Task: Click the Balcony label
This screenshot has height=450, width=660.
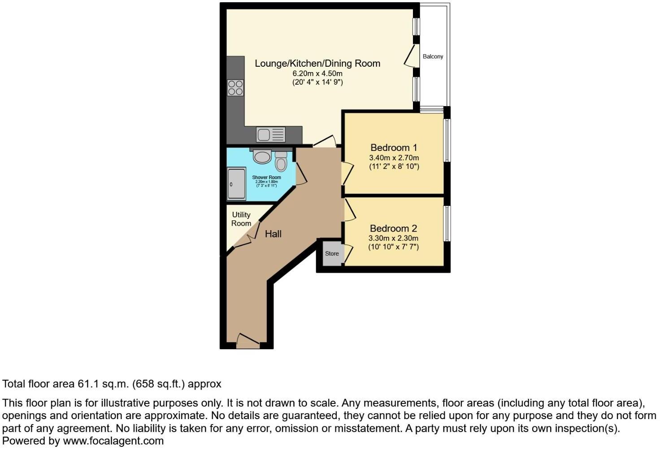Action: (x=433, y=56)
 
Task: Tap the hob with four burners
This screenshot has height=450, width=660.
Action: (x=235, y=87)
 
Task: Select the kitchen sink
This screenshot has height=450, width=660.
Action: (x=270, y=134)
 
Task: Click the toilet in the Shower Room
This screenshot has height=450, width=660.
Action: (x=281, y=162)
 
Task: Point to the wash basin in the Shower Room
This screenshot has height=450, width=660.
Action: (x=262, y=156)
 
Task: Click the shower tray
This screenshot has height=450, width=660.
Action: (x=236, y=184)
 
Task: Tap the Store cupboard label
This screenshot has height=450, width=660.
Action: (x=332, y=253)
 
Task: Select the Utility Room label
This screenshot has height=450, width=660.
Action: (x=241, y=219)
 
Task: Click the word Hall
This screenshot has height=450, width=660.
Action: (x=273, y=234)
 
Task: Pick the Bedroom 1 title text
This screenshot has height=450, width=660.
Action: (x=394, y=148)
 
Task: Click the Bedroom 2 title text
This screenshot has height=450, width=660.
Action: (x=394, y=228)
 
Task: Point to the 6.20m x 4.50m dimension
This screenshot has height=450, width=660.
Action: (x=317, y=73)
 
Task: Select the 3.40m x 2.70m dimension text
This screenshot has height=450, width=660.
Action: (x=394, y=158)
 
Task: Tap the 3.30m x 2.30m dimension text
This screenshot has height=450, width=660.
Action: (x=393, y=238)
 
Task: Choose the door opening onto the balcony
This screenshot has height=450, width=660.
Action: (x=410, y=56)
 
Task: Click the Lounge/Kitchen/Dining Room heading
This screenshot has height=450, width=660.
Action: (x=317, y=64)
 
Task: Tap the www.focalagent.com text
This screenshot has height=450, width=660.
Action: (x=113, y=441)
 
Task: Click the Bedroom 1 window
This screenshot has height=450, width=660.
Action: (x=447, y=140)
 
